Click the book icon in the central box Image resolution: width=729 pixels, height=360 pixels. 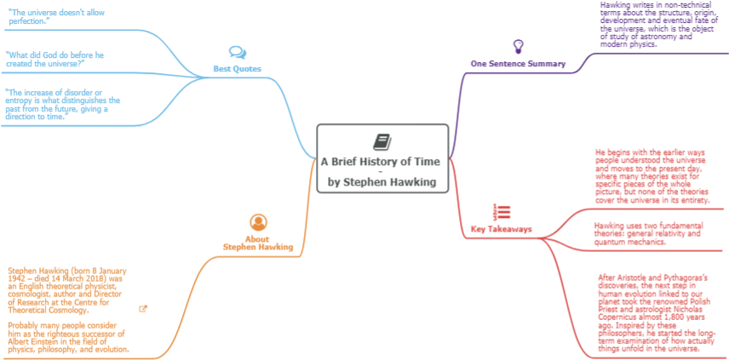coord(382,141)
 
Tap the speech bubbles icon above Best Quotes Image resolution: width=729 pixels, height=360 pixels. coord(237,53)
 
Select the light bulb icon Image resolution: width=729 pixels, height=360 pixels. coord(518,47)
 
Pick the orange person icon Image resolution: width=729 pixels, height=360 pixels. coord(259,222)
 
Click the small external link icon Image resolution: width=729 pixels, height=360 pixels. coord(143,308)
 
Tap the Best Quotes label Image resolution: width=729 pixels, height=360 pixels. coord(237,69)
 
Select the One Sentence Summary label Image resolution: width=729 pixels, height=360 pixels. coord(518,64)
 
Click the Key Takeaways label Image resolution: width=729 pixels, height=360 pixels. coord(502,229)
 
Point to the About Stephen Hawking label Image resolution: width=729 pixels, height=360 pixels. coord(258,243)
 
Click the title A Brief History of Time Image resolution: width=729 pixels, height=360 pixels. coord(381,162)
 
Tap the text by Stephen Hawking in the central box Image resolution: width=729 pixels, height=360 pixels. coord(382,182)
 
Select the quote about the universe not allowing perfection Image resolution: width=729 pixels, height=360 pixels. coord(56,16)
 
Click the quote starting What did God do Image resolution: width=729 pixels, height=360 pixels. coord(55,59)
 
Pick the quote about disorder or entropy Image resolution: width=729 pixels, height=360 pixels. coord(63,105)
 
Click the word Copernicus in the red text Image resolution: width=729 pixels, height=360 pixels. coord(618,317)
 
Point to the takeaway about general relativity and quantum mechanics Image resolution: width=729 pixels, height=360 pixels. coord(649,233)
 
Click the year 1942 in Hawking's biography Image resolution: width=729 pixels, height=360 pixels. coord(17,277)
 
